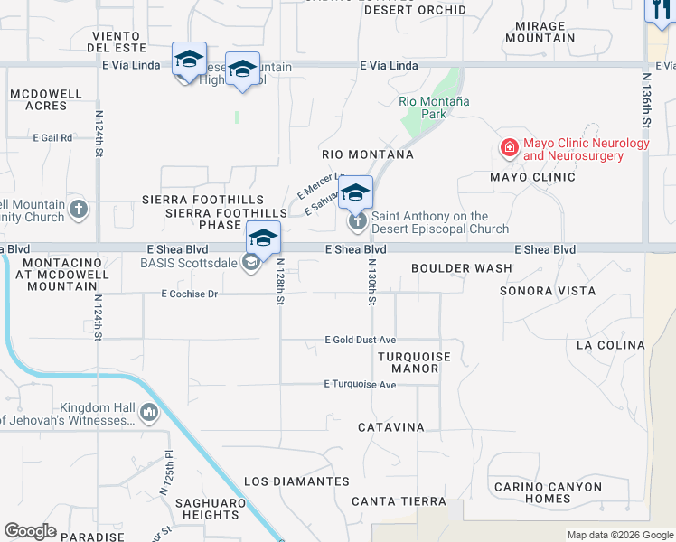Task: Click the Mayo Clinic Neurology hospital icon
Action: [510, 147]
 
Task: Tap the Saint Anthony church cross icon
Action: [358, 220]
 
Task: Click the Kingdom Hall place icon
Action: [149, 414]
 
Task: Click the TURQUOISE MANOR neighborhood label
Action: [414, 362]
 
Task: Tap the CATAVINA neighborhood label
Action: [390, 426]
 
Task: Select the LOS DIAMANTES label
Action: [296, 481]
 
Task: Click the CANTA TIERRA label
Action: [399, 501]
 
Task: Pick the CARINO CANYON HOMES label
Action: [548, 492]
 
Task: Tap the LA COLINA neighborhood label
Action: [610, 345]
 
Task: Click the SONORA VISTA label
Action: [548, 291]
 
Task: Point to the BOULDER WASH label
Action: [461, 268]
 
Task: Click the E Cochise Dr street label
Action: [190, 294]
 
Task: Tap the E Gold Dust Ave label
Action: [361, 340]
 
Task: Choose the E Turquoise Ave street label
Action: [360, 384]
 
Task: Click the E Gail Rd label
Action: [52, 138]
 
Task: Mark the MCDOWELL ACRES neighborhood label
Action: [39, 99]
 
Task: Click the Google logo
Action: [30, 531]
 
